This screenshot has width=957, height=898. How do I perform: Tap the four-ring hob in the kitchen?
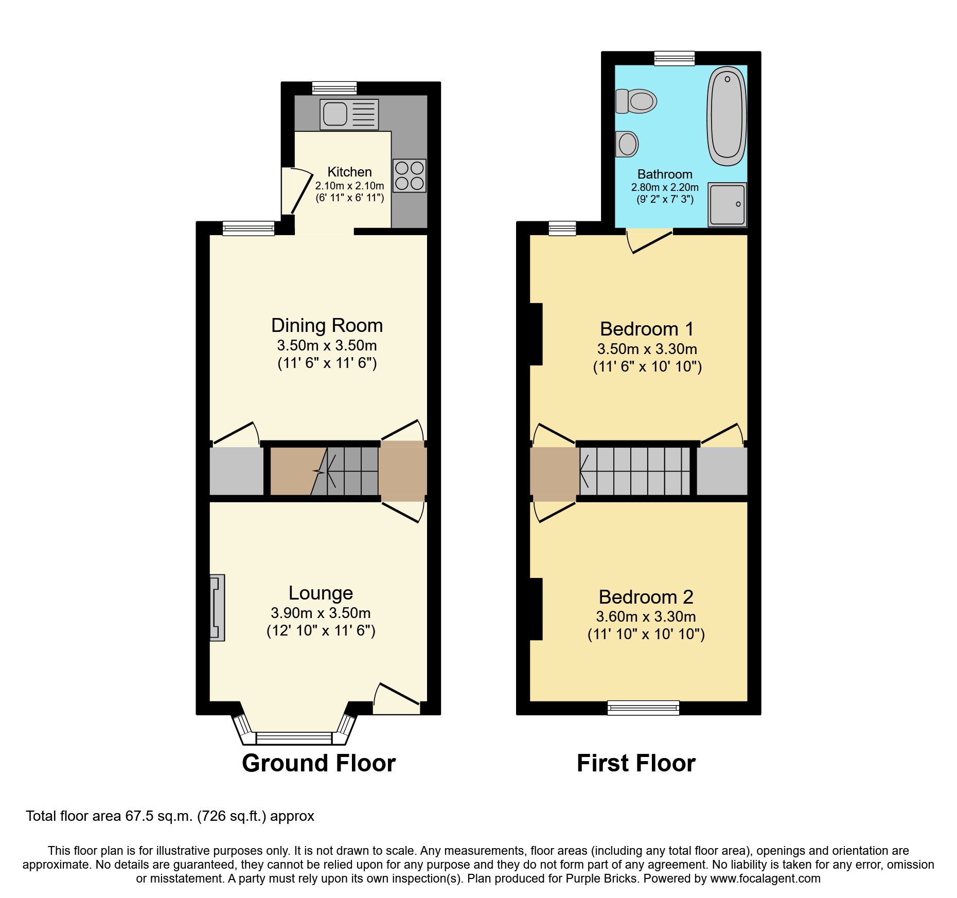coord(409,175)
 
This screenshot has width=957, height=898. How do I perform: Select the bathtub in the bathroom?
coord(726,117)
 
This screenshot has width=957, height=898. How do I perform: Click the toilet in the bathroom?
coord(637,101)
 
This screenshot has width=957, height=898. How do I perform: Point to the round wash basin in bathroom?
coord(627,144)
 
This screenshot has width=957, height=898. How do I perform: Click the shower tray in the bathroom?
coord(727,204)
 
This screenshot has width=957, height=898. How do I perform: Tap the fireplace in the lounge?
coord(217,608)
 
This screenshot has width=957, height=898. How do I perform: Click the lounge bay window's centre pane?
coord(294,738)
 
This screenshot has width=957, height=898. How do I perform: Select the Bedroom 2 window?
coord(643,708)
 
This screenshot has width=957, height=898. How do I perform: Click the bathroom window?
coord(674,59)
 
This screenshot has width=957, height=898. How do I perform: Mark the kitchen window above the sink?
coord(334,88)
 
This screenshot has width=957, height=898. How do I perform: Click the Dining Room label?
coord(327,326)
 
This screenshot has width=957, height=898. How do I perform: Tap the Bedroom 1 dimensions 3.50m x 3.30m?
coord(647,349)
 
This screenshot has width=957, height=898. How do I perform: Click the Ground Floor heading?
coord(318,763)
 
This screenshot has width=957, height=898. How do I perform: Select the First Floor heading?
coord(636,763)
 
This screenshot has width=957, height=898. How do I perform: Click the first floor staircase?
coord(635,471)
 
